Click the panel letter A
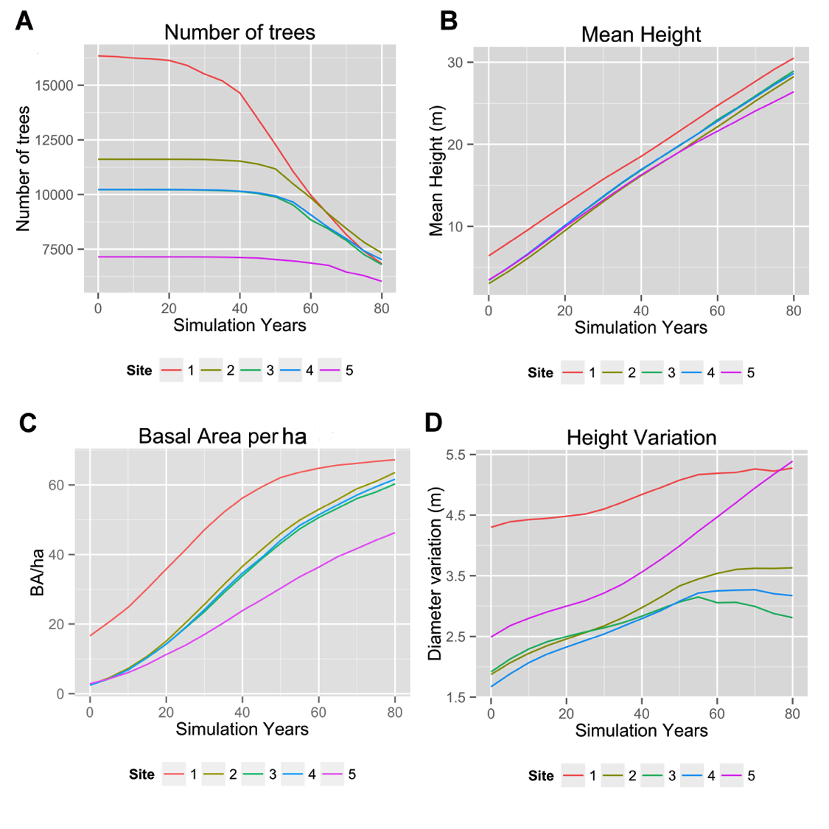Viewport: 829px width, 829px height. [x=24, y=21]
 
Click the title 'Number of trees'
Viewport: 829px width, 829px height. [x=239, y=32]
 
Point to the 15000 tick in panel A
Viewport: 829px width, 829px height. [x=55, y=85]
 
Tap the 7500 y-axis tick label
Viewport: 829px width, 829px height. [x=58, y=250]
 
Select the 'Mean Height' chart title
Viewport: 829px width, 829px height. [x=640, y=35]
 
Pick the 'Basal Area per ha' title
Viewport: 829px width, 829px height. [x=223, y=436]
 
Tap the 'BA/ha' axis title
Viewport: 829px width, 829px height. [x=38, y=573]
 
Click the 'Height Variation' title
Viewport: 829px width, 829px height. [x=641, y=438]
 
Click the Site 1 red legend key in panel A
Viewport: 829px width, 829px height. [x=172, y=371]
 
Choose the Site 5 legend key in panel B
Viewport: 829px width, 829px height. [x=732, y=373]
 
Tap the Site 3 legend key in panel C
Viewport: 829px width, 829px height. [x=252, y=774]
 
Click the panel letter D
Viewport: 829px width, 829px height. [x=433, y=423]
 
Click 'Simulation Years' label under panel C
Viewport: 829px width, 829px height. [x=242, y=730]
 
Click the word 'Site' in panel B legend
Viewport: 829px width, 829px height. [x=540, y=373]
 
